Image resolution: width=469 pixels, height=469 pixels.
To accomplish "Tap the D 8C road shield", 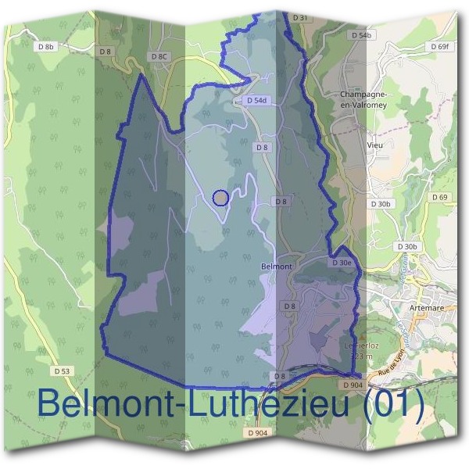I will (159, 56).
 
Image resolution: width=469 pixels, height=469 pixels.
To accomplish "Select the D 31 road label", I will (299, 16).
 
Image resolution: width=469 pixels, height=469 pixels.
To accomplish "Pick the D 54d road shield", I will (256, 101).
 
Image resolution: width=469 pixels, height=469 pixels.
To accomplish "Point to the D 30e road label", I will (342, 263).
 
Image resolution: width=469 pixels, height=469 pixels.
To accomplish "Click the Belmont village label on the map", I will (275, 267).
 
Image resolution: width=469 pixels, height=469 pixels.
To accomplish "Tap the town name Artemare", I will (427, 307).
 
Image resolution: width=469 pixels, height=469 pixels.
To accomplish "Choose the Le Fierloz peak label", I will (361, 345).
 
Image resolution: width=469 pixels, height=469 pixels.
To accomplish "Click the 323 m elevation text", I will (361, 356).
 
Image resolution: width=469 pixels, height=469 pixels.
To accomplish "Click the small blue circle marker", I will (221, 199).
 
